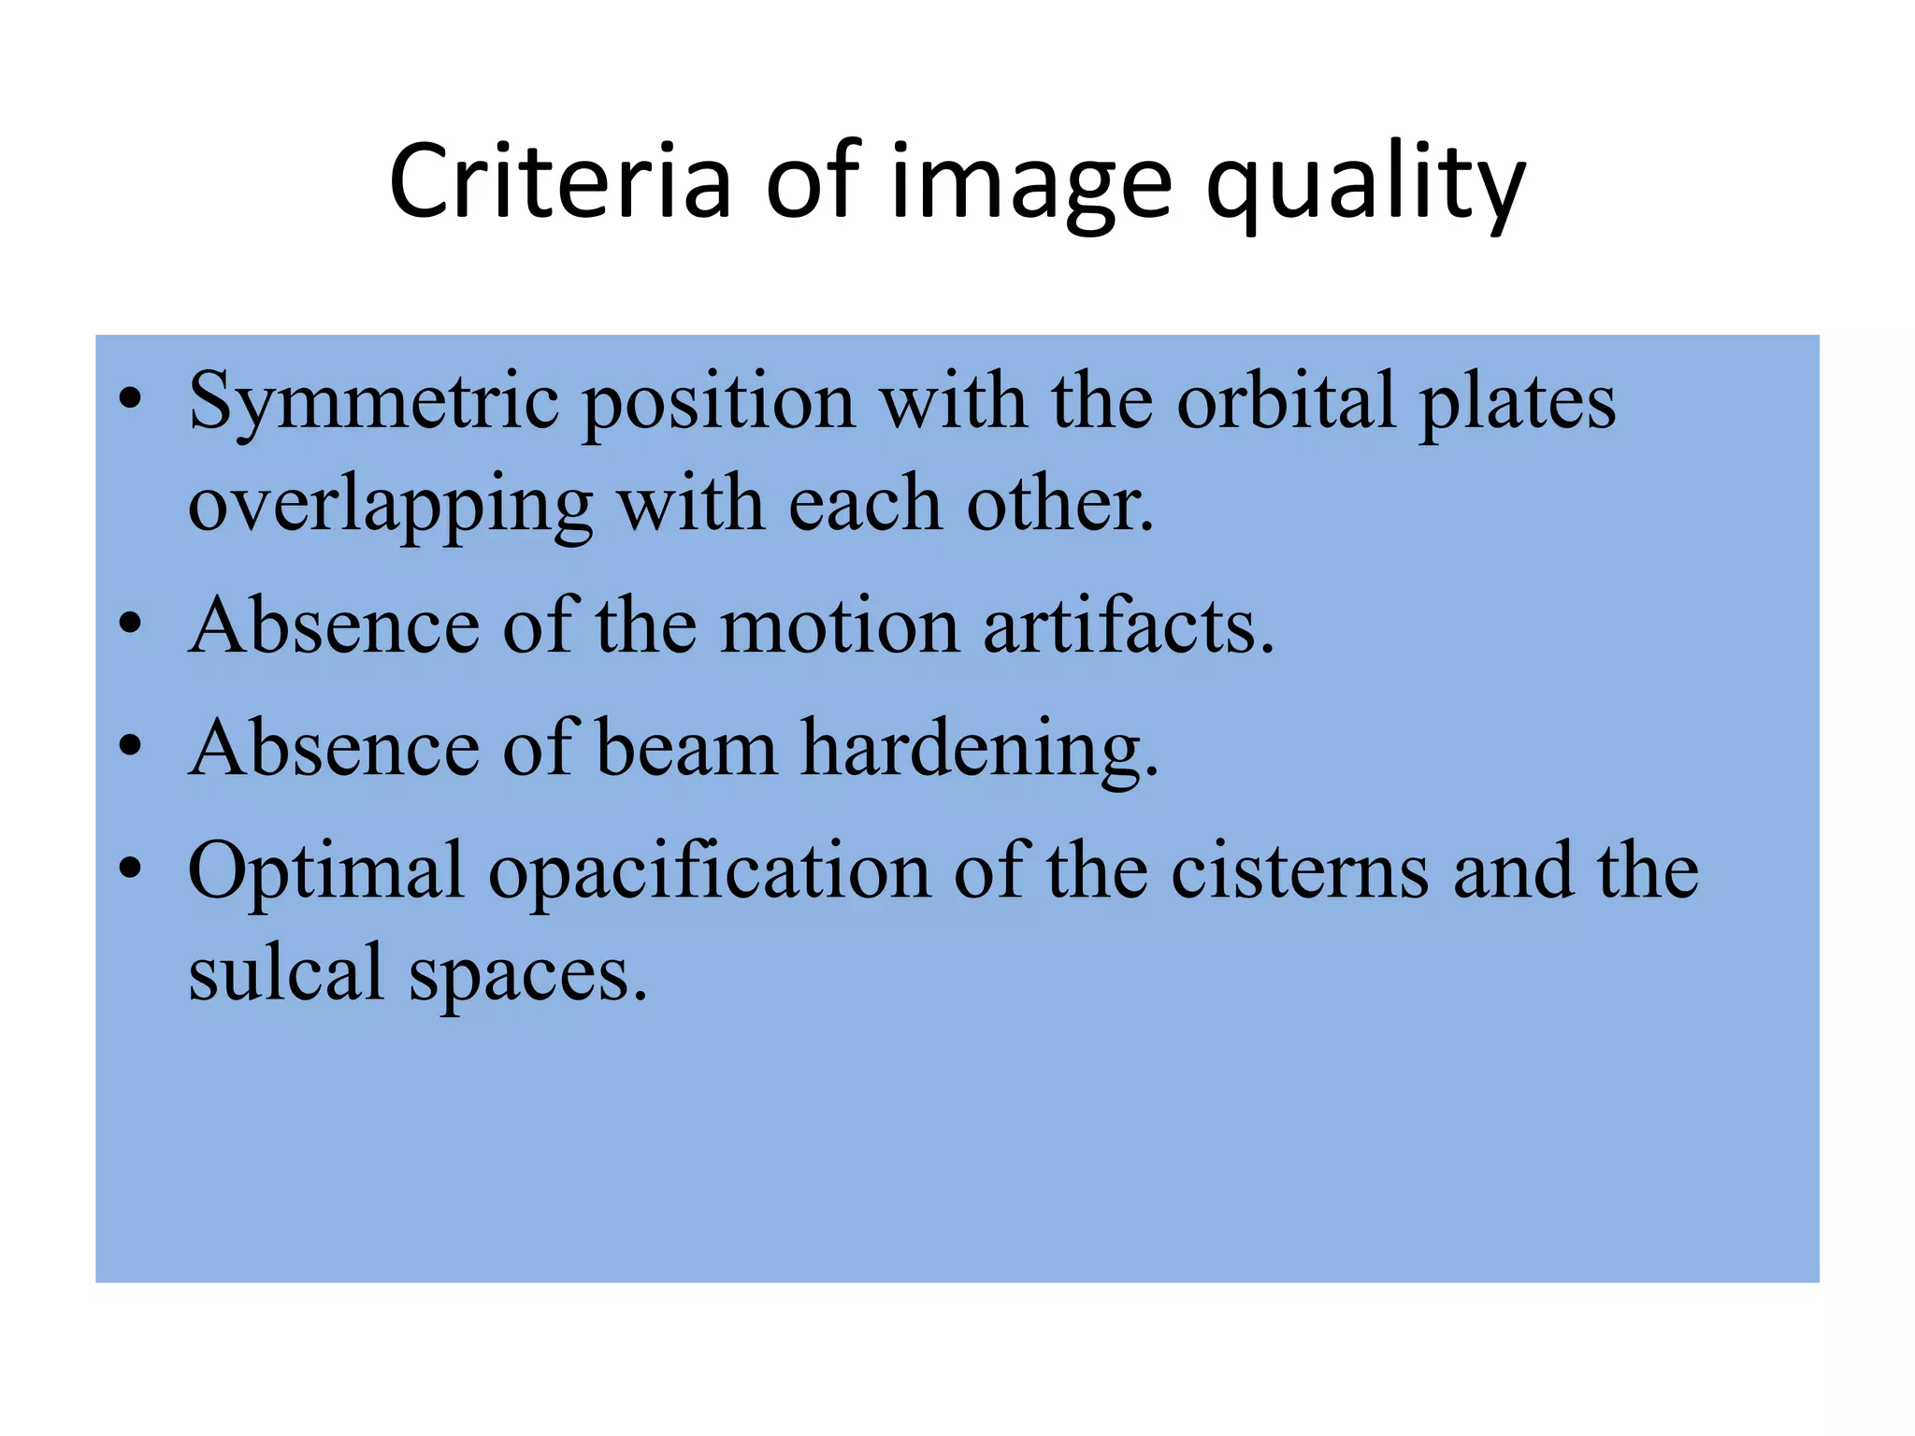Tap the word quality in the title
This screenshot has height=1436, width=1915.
1366,185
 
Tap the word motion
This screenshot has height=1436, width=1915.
840,625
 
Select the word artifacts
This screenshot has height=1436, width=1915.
1129,625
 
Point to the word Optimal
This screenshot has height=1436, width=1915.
326,872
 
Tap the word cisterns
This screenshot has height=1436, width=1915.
1300,870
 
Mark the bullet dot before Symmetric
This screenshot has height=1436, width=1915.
130,402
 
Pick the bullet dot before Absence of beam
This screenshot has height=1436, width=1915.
130,747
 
